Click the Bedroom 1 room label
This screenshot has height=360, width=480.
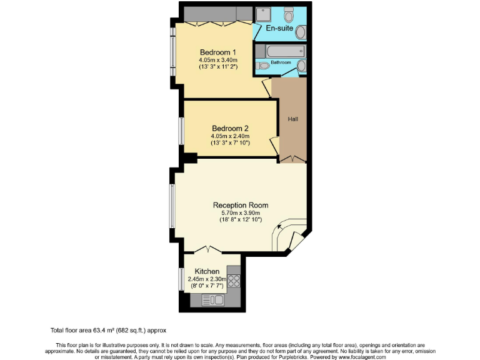[217, 52]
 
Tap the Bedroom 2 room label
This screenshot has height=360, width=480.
[230, 128]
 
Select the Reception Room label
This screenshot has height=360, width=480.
[241, 205]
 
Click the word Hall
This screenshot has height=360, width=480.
[292, 119]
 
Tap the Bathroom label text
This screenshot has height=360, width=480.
[281, 62]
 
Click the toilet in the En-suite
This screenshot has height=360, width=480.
[289, 14]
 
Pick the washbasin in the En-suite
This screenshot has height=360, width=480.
[300, 32]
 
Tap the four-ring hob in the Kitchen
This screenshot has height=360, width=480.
[234, 281]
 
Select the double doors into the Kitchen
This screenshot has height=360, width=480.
[206, 251]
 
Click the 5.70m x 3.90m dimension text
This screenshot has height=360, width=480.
[241, 212]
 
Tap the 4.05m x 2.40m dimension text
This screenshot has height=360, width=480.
[230, 136]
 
